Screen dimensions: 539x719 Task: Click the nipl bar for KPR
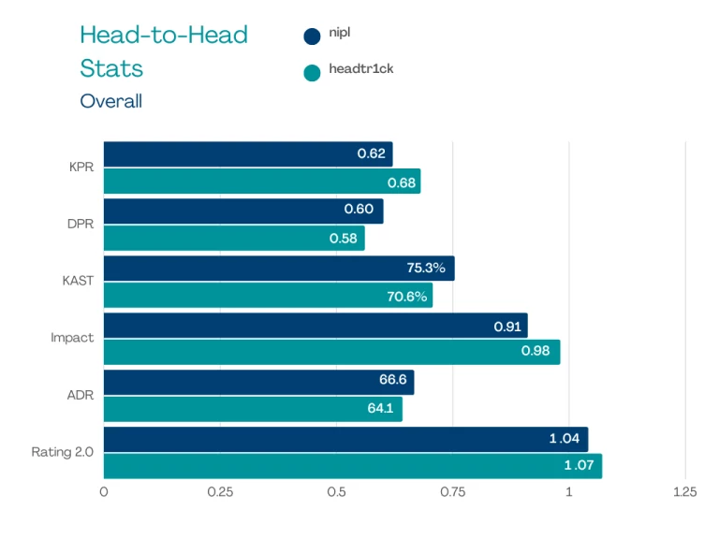coord(248,154)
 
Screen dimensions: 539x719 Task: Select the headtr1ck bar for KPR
coord(262,182)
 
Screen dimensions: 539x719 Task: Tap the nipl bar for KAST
coord(279,269)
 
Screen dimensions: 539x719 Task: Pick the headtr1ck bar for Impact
coord(331,352)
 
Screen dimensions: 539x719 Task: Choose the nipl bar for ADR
coord(258,383)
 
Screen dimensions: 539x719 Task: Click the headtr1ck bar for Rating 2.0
coord(352,466)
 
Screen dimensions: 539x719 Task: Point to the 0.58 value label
coord(344,239)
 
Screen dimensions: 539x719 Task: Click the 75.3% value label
coord(426,269)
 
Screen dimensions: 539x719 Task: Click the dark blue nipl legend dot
coord(312,36)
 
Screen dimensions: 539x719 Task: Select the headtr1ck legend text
coord(360,69)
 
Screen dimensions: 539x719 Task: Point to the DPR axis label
coord(81,225)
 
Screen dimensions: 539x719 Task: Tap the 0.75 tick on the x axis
coord(452,492)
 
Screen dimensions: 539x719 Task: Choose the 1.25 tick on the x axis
coord(684,492)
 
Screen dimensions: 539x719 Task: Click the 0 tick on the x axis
coord(104,492)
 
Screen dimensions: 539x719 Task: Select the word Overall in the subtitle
coord(110,101)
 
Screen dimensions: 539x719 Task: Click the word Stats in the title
coord(110,68)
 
